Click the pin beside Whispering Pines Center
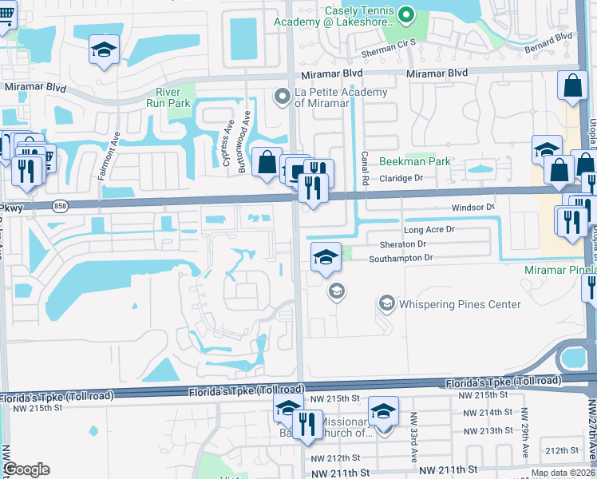[387, 303]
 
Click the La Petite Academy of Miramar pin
[282, 97]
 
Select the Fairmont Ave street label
[104, 156]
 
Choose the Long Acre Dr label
[429, 229]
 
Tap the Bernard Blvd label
[548, 37]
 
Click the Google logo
[26, 469]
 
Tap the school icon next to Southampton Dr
[326, 257]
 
